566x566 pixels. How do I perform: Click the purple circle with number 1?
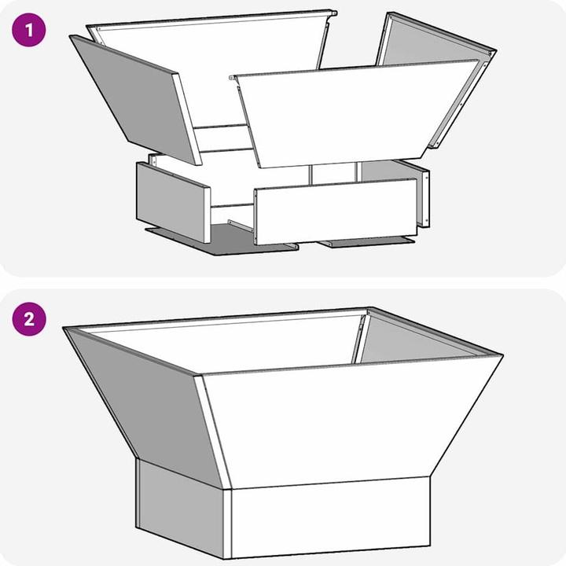[29, 30]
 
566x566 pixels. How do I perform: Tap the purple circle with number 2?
[29, 319]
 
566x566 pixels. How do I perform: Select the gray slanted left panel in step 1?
[135, 99]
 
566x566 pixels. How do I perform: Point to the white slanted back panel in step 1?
[209, 68]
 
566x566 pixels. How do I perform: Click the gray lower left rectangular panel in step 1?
[173, 202]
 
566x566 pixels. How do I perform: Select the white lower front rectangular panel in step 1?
[336, 211]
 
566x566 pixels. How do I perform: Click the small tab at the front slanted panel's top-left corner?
[233, 77]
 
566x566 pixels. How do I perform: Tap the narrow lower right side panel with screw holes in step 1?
[424, 199]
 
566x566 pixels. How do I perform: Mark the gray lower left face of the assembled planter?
[181, 509]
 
